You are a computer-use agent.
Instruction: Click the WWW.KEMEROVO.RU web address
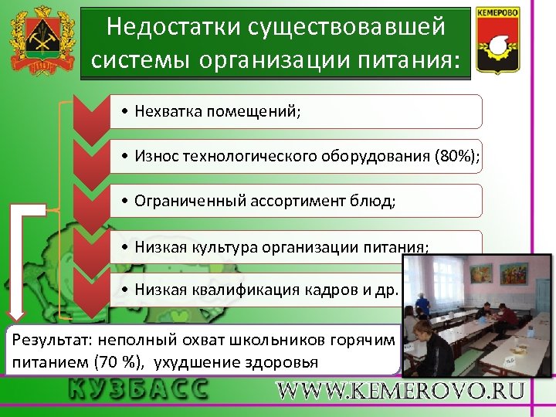[401, 391]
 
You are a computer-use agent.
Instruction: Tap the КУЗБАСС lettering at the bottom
[138, 388]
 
